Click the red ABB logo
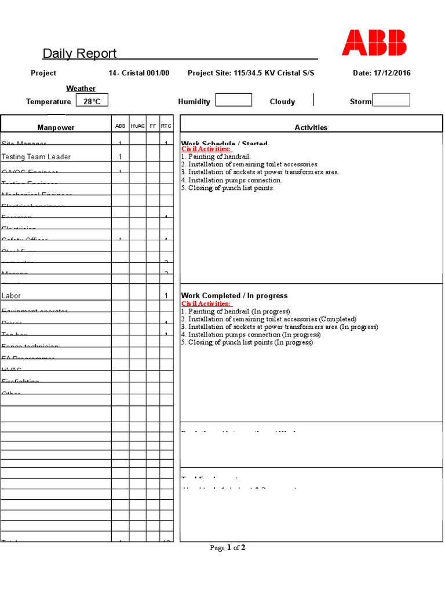(x=374, y=43)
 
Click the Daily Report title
(x=79, y=54)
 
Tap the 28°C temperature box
(x=92, y=101)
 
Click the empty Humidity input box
(x=234, y=100)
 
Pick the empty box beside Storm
(x=391, y=100)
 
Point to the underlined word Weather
(x=81, y=89)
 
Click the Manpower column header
(x=56, y=127)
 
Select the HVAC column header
(x=138, y=126)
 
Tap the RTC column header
(x=166, y=126)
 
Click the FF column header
(x=153, y=126)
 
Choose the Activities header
(x=311, y=127)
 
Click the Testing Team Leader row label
(x=36, y=157)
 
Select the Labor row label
(x=11, y=296)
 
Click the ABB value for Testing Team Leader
(x=120, y=157)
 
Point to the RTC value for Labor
(x=166, y=296)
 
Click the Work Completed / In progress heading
(x=234, y=296)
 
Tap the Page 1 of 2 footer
(x=228, y=548)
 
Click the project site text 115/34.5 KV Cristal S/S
(x=274, y=74)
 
